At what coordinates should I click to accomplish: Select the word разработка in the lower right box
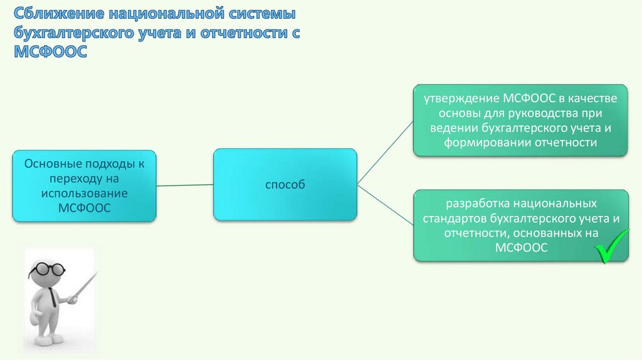[x=477, y=204]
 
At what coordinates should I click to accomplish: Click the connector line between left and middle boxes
[x=185, y=186]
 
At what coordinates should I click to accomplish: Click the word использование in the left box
[x=85, y=193]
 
